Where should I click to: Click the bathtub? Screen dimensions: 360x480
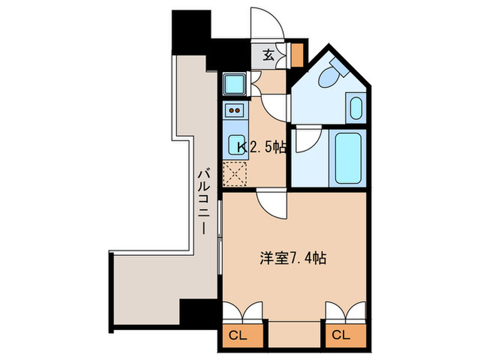[x=350, y=157]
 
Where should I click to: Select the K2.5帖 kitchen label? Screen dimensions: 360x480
[x=261, y=147]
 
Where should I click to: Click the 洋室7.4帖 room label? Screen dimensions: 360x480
[x=292, y=259]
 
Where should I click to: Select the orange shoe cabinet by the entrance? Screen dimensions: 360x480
[x=298, y=54]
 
